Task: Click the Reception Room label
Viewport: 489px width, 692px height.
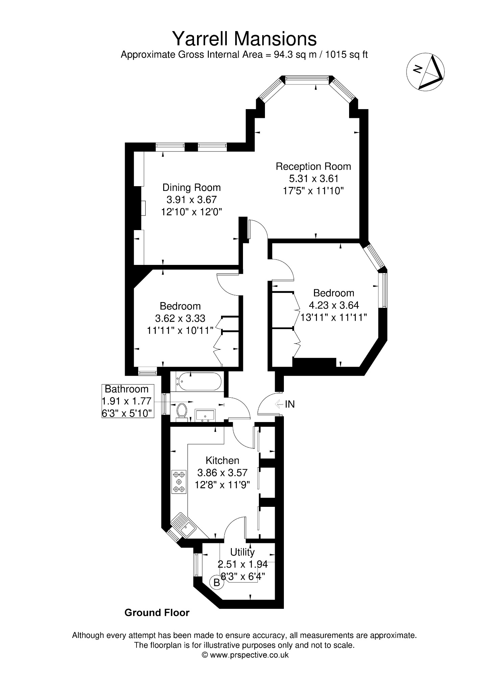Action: (x=313, y=166)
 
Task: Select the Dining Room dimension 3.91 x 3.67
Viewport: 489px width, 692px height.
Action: (x=191, y=199)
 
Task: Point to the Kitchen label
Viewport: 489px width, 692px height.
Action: (x=222, y=460)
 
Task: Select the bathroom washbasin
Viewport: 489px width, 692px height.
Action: (x=205, y=415)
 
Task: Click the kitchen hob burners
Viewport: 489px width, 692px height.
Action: (x=179, y=481)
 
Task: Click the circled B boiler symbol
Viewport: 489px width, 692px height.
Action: (x=217, y=583)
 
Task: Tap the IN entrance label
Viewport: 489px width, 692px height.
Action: (x=290, y=404)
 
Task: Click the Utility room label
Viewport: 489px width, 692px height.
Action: (x=242, y=552)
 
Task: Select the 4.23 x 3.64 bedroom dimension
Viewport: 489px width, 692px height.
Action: (x=334, y=305)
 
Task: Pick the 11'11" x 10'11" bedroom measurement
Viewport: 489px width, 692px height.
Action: (x=180, y=330)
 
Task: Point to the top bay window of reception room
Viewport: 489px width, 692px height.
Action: (x=307, y=80)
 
